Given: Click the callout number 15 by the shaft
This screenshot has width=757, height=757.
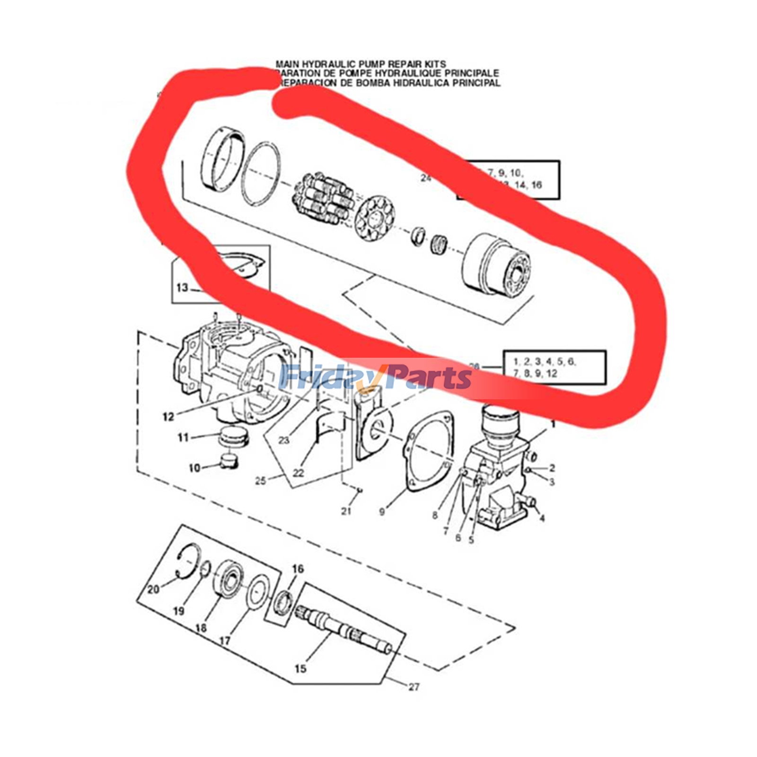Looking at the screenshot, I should coord(300,669).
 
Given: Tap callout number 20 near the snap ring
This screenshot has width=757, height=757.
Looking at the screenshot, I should coord(153,590).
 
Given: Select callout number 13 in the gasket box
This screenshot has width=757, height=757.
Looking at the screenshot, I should coord(182,288).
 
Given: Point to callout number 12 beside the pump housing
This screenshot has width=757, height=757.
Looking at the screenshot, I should coord(168,417).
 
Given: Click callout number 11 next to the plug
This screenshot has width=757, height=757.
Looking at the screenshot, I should coord(183,438).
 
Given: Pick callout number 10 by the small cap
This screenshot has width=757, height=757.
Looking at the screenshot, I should coord(194,468).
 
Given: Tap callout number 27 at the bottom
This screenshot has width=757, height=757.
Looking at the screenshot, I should coord(414,687).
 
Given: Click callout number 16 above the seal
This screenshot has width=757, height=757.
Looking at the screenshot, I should coord(298,569).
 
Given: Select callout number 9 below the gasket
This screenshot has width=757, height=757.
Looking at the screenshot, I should coord(382,511).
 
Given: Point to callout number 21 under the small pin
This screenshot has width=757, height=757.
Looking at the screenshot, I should coord(346,511).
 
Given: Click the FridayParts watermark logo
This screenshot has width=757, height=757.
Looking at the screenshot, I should coord(375,378).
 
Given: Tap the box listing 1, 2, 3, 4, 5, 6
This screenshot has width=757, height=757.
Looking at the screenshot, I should coord(554,368).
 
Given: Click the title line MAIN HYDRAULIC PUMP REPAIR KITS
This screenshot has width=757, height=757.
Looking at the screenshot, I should coord(361,64).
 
